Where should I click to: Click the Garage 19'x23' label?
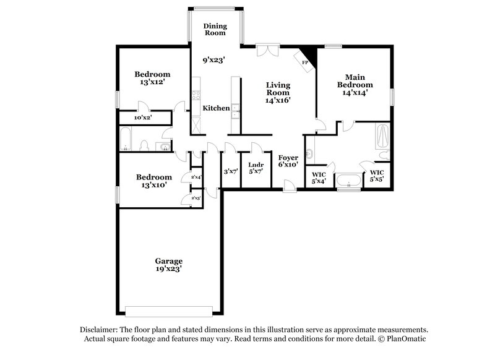pyautogui.click(x=169, y=265)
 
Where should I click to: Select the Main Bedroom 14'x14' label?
pyautogui.click(x=355, y=84)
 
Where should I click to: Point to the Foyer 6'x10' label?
pyautogui.click(x=288, y=161)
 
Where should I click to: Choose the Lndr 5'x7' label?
pyautogui.click(x=256, y=168)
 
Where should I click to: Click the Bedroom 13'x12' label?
pyautogui.click(x=153, y=77)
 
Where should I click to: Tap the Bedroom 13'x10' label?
pyautogui.click(x=154, y=181)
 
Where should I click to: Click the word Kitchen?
pyautogui.click(x=217, y=108)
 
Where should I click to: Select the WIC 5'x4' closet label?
pyautogui.click(x=318, y=178)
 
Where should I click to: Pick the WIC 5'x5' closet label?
pyautogui.click(x=377, y=175)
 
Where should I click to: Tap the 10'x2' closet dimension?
pyautogui.click(x=143, y=116)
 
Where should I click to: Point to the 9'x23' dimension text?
pyautogui.click(x=213, y=61)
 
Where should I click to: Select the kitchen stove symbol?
pyautogui.click(x=196, y=95)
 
